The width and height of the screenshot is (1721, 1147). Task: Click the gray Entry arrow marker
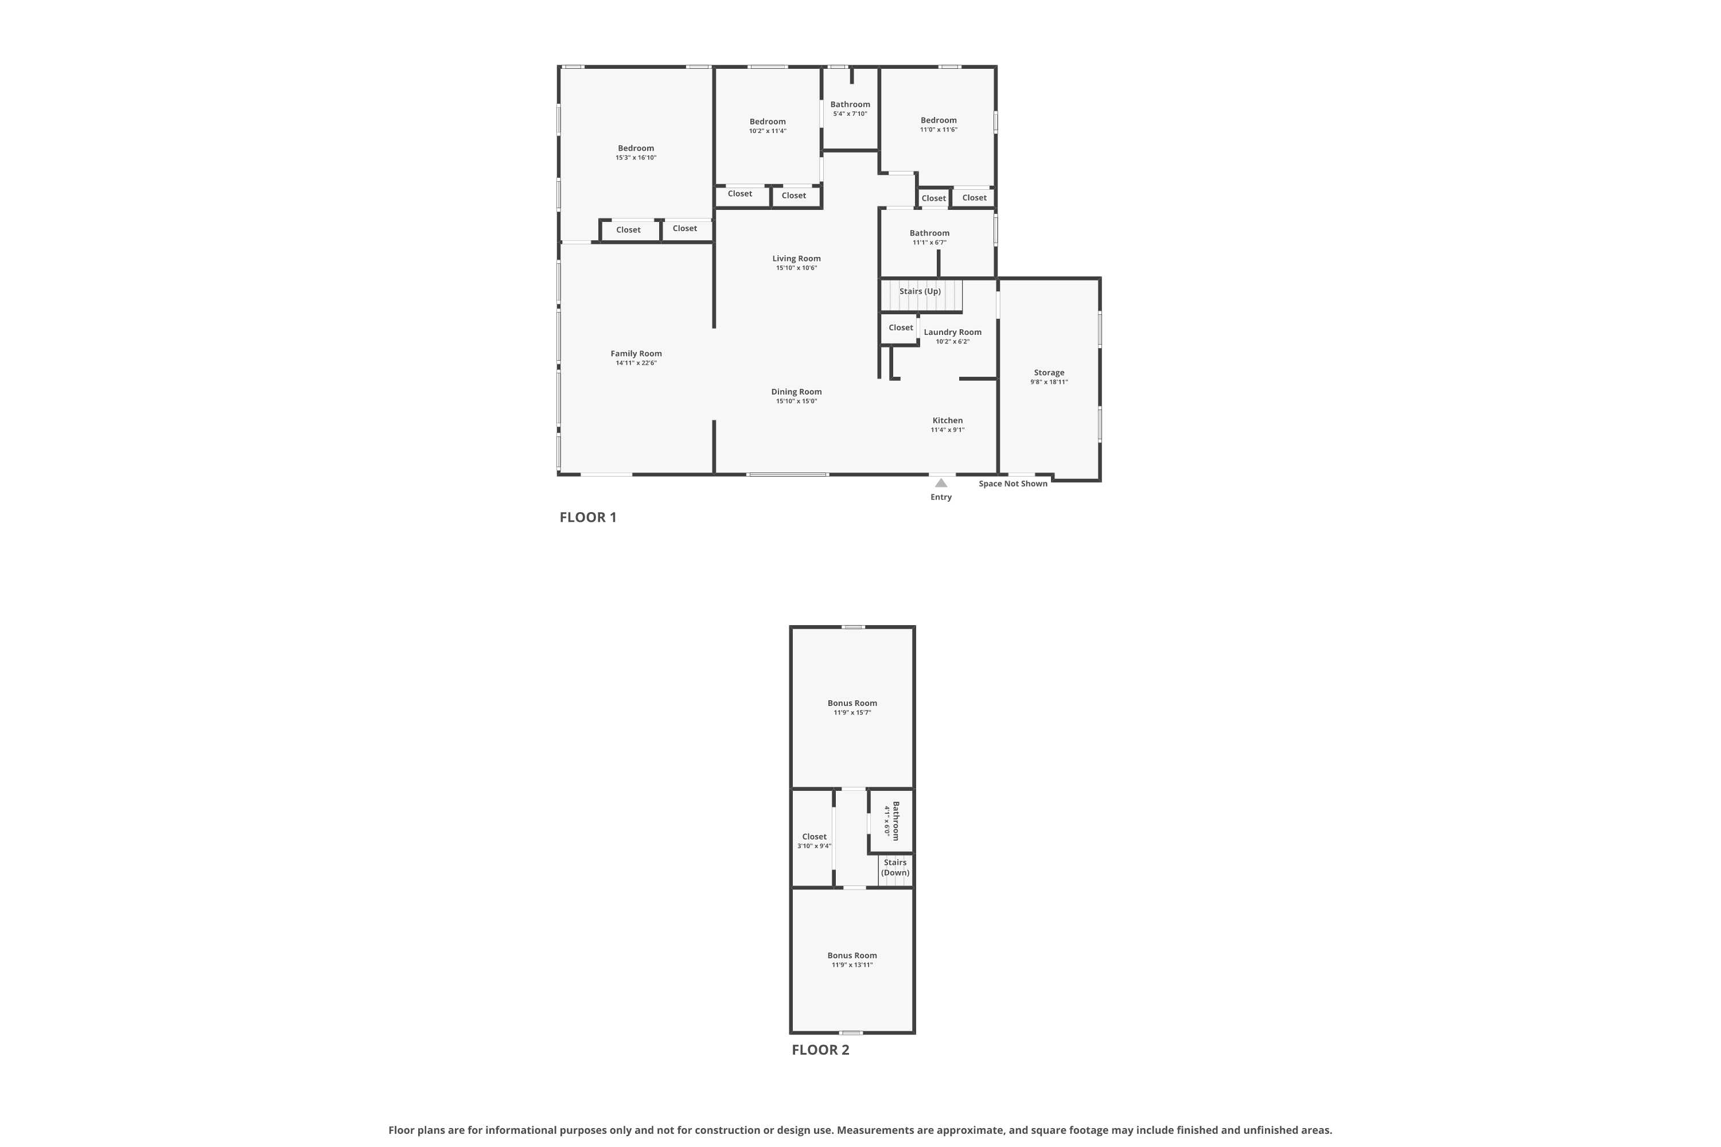tap(941, 483)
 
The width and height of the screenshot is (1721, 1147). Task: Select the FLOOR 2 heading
tap(820, 1050)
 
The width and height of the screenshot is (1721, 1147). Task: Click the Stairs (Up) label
tap(920, 291)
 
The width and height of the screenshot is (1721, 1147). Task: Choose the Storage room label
tap(1049, 372)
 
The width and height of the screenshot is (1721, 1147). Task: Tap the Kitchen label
tap(948, 420)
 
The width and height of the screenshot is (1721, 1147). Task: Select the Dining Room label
tap(796, 392)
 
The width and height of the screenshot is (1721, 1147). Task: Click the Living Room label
tap(796, 258)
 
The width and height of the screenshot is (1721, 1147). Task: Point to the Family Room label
tap(636, 354)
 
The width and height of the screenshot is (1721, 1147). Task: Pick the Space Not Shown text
tap(1013, 483)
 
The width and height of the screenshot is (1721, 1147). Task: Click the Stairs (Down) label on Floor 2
tap(895, 868)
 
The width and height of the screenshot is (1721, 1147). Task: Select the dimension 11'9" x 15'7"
tap(852, 712)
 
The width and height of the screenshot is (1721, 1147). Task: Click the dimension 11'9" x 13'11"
tap(852, 965)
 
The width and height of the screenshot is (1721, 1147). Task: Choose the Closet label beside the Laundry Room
tap(901, 327)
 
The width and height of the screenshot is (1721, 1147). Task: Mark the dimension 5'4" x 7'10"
tap(850, 114)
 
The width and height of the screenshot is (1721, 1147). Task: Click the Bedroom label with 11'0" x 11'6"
tap(938, 120)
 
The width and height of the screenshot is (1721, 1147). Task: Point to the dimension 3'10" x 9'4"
tap(815, 846)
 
